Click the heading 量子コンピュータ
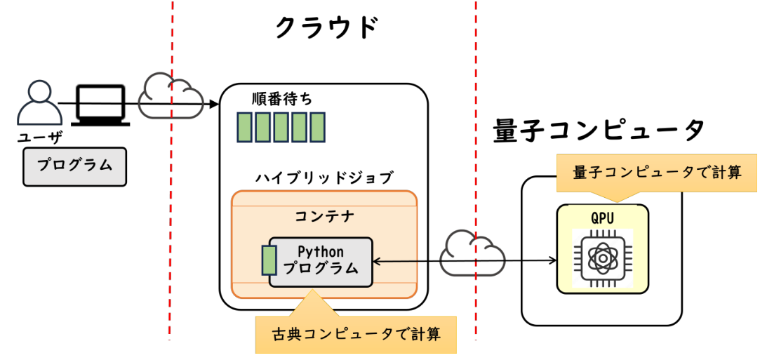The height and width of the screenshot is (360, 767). coord(599,131)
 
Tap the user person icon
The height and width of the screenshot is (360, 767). coord(35,103)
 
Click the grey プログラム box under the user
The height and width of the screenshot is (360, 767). coord(75,166)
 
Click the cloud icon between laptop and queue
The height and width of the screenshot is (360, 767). coord(168,95)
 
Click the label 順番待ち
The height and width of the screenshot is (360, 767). coord(282,99)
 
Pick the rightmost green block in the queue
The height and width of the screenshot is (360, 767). coord(317,127)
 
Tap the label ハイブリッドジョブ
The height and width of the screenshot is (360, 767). coord(324,176)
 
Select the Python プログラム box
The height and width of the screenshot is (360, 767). coord(321,261)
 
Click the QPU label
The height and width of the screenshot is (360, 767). coord(601,218)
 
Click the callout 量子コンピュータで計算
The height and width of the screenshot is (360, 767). coord(657,173)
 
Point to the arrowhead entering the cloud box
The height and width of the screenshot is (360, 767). coord(214,105)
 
